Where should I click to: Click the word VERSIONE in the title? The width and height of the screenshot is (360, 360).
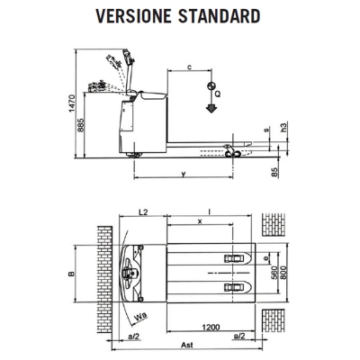[x=133, y=16]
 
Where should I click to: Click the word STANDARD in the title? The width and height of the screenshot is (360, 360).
[x=220, y=16]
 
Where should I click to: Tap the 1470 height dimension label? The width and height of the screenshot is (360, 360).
[x=71, y=103]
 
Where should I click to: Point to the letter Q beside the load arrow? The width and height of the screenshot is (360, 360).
[x=218, y=94]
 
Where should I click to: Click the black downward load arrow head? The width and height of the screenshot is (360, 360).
[x=211, y=109]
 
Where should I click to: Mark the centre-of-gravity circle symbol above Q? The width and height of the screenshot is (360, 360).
[x=211, y=85]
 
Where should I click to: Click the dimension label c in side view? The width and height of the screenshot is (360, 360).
[x=189, y=67]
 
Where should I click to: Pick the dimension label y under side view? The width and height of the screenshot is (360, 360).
[x=184, y=174]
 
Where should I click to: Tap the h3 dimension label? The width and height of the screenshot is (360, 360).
[x=284, y=127]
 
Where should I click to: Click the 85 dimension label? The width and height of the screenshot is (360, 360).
[x=274, y=172]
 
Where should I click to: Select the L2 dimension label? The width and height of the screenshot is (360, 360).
[x=143, y=211]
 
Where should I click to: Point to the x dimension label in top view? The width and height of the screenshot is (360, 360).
[x=200, y=221]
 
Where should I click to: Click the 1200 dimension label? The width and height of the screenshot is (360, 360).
[x=211, y=327]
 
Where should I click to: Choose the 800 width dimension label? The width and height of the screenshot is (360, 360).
[x=283, y=273]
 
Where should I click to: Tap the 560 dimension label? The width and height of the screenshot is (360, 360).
[x=274, y=273]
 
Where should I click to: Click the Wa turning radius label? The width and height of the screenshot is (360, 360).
[x=140, y=316]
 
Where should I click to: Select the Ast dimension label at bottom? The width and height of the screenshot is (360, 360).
[x=187, y=345]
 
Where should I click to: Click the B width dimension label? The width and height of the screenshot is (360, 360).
[x=71, y=274]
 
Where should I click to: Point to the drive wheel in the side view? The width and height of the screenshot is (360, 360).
[x=134, y=155]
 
